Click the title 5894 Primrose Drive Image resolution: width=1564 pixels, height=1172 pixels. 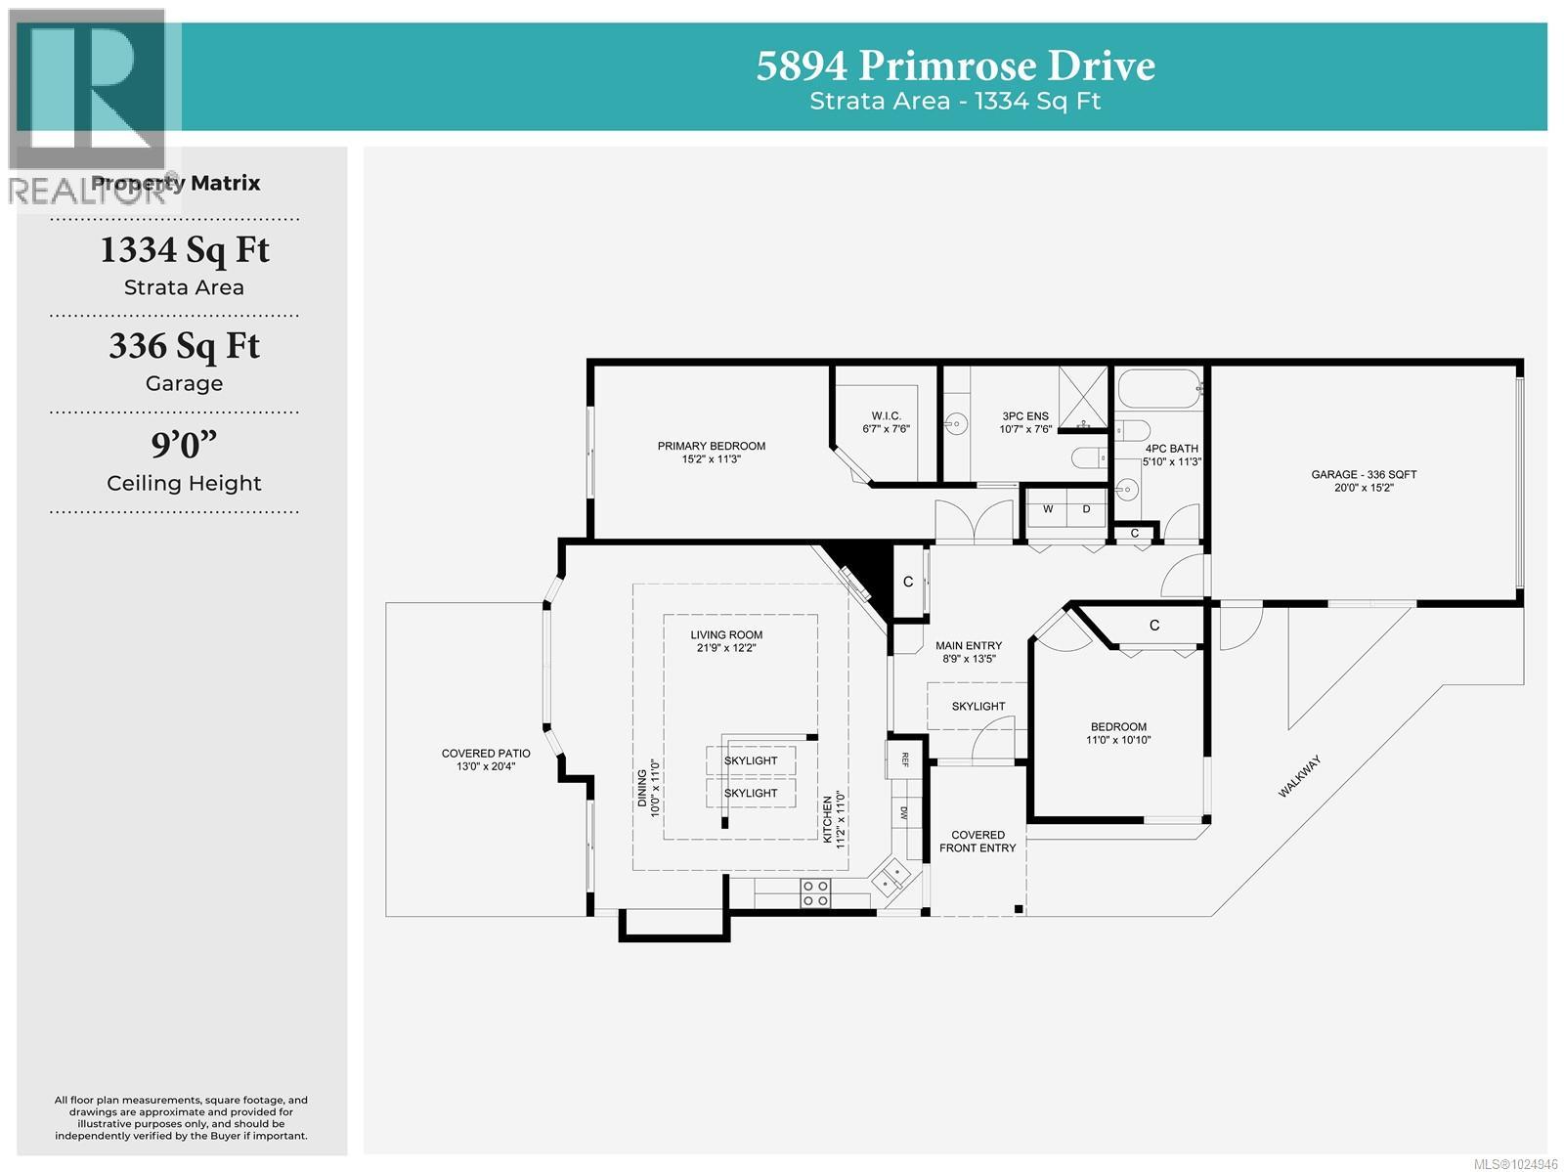coord(955,66)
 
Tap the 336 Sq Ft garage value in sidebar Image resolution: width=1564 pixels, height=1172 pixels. coord(184,346)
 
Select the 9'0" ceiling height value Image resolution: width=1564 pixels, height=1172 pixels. coord(184,445)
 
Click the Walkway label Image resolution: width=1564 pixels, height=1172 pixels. coord(1299,776)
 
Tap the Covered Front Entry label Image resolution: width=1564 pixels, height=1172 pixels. coord(977,842)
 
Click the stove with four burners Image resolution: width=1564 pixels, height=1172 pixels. coord(816,892)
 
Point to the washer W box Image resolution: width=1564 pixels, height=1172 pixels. coord(1048,509)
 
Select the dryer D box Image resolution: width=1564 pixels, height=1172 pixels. coord(1085,509)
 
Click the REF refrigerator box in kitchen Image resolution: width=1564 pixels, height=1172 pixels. coord(904,760)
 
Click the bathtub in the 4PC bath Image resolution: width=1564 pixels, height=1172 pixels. coord(1158,390)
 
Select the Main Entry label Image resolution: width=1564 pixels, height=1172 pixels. coord(969,651)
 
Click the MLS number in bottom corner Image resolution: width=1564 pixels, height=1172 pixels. coord(1515,1163)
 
